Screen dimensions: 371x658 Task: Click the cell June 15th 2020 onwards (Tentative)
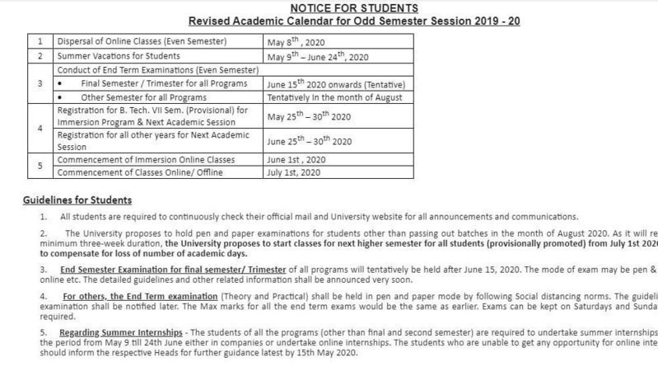[336, 84]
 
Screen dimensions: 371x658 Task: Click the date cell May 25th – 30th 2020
[309, 116]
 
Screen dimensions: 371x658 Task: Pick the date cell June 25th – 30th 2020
[310, 141]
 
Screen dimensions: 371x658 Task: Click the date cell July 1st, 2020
[294, 172]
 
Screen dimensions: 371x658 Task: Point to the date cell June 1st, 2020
[296, 159]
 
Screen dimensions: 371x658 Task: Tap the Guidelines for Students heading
[77, 200]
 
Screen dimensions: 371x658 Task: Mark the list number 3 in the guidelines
[43, 270]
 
